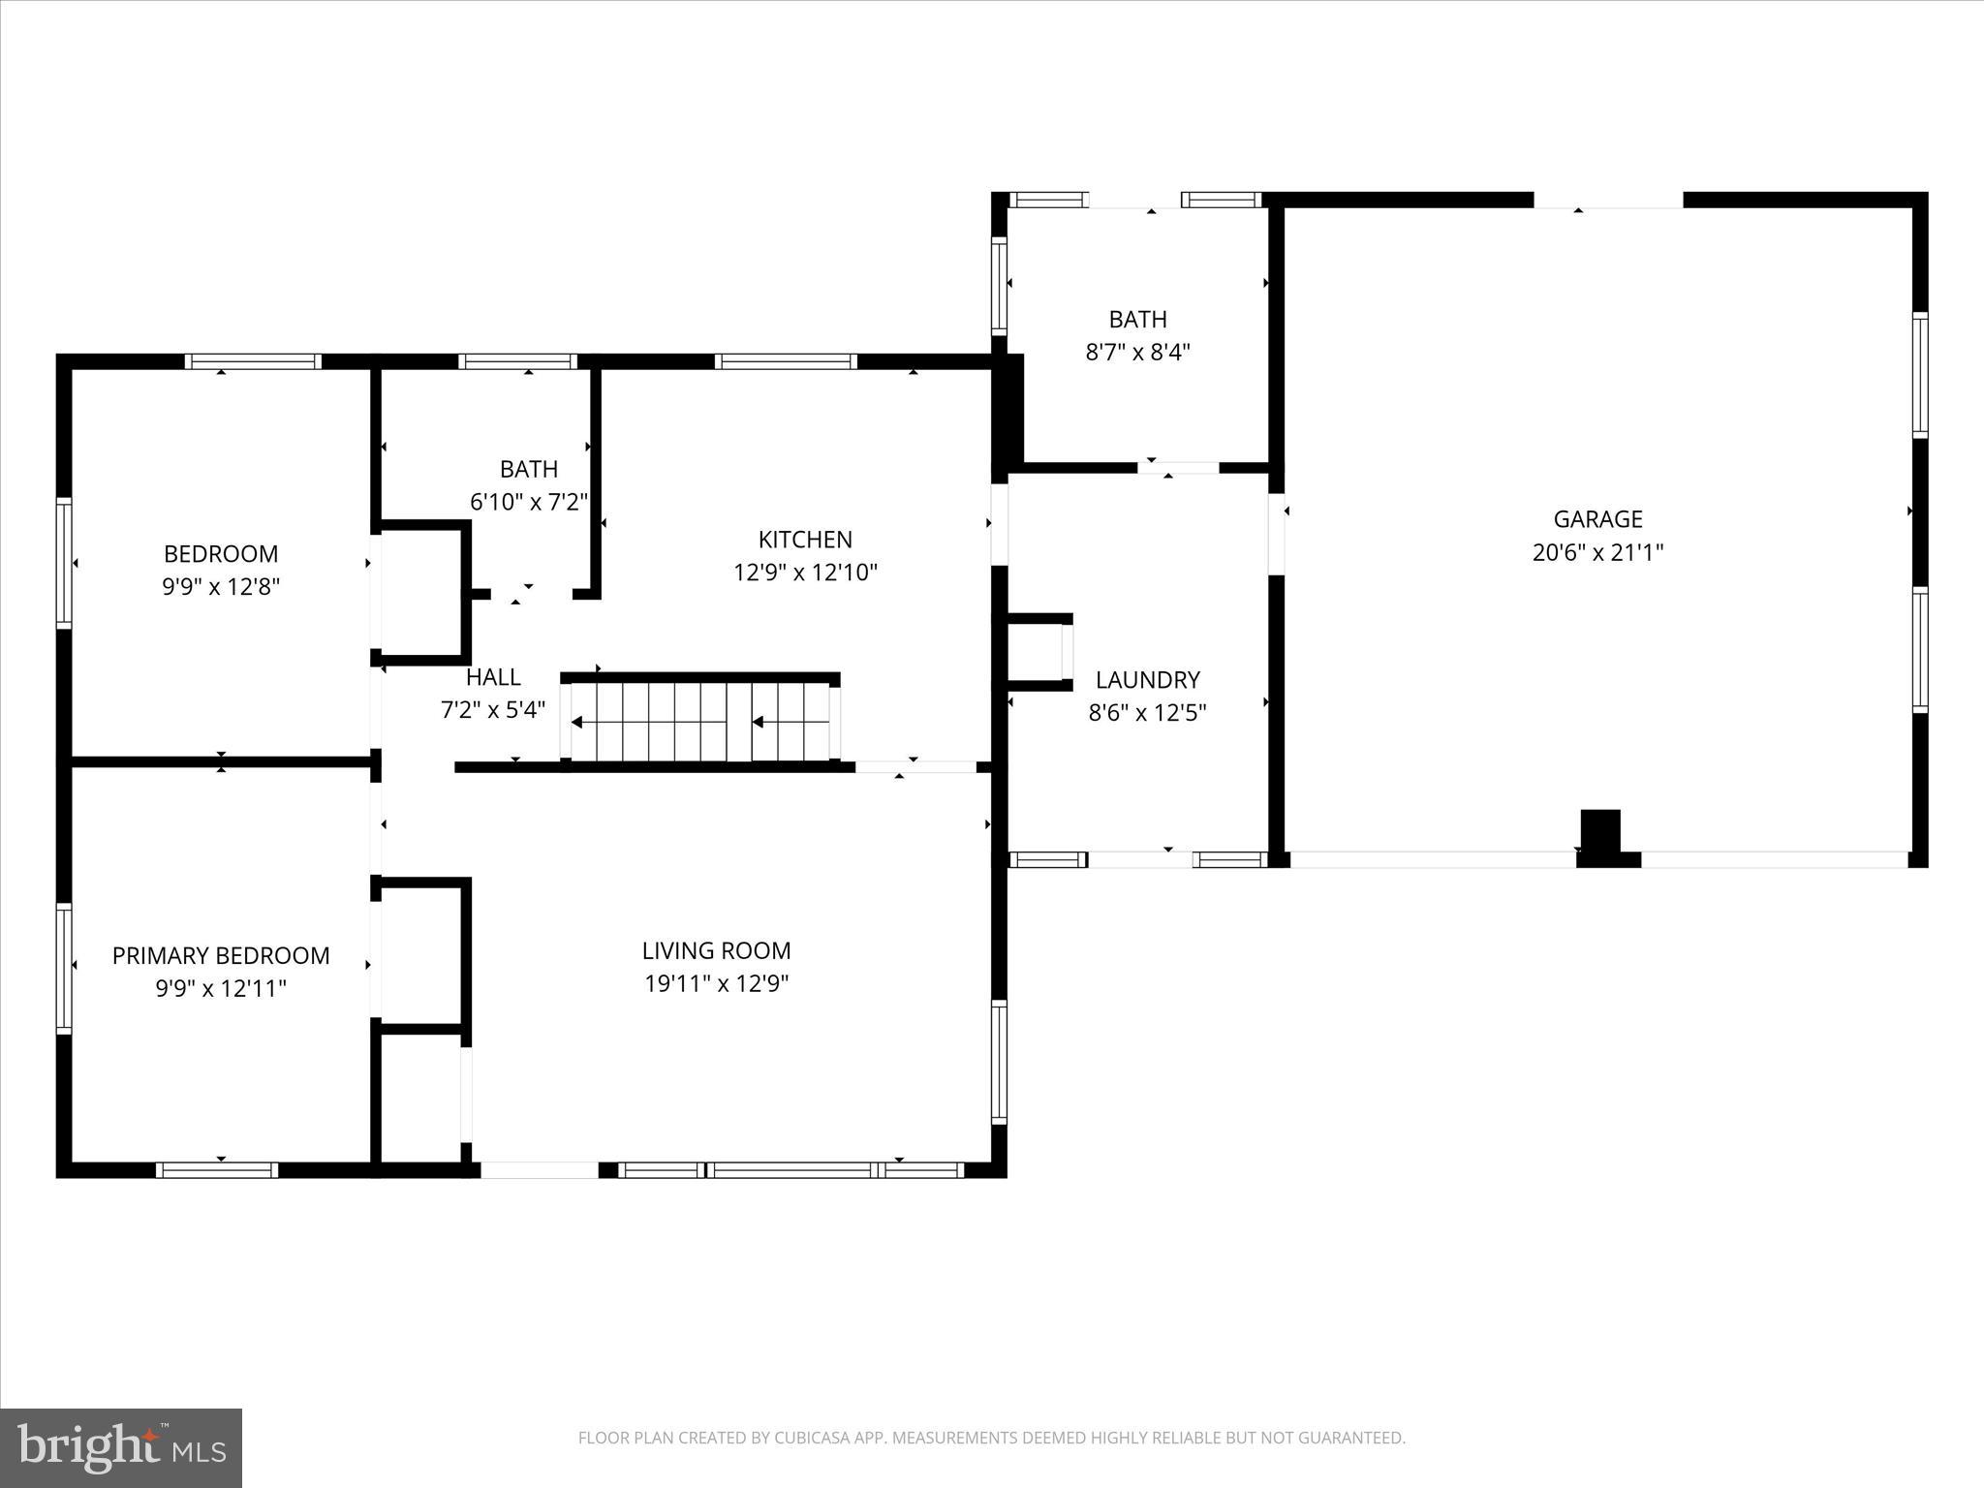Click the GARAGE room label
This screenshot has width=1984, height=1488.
click(x=1597, y=519)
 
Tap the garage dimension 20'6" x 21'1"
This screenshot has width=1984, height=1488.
click(x=1597, y=552)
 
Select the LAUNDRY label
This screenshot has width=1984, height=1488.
click(x=1147, y=680)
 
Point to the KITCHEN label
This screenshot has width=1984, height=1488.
click(x=805, y=540)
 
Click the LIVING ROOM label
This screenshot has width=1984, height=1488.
click(x=716, y=950)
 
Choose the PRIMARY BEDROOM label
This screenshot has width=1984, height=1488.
click(x=221, y=956)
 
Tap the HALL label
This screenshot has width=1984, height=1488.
click(x=493, y=677)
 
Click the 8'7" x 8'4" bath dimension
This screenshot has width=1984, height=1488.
click(x=1137, y=352)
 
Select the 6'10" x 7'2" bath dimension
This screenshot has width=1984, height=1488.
click(x=529, y=502)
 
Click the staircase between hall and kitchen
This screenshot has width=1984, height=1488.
click(x=700, y=722)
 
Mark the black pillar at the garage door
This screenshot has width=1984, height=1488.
click(x=1601, y=836)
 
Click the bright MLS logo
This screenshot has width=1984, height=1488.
click(x=121, y=1447)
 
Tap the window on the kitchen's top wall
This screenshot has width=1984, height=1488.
click(x=786, y=362)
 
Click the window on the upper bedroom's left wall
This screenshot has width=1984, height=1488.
click(x=64, y=563)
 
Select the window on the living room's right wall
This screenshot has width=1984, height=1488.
click(x=999, y=1062)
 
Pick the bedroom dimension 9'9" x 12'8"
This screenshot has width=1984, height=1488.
click(x=221, y=586)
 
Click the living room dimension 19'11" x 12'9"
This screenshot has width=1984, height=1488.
click(x=716, y=983)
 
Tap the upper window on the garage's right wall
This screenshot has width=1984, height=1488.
click(x=1919, y=375)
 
